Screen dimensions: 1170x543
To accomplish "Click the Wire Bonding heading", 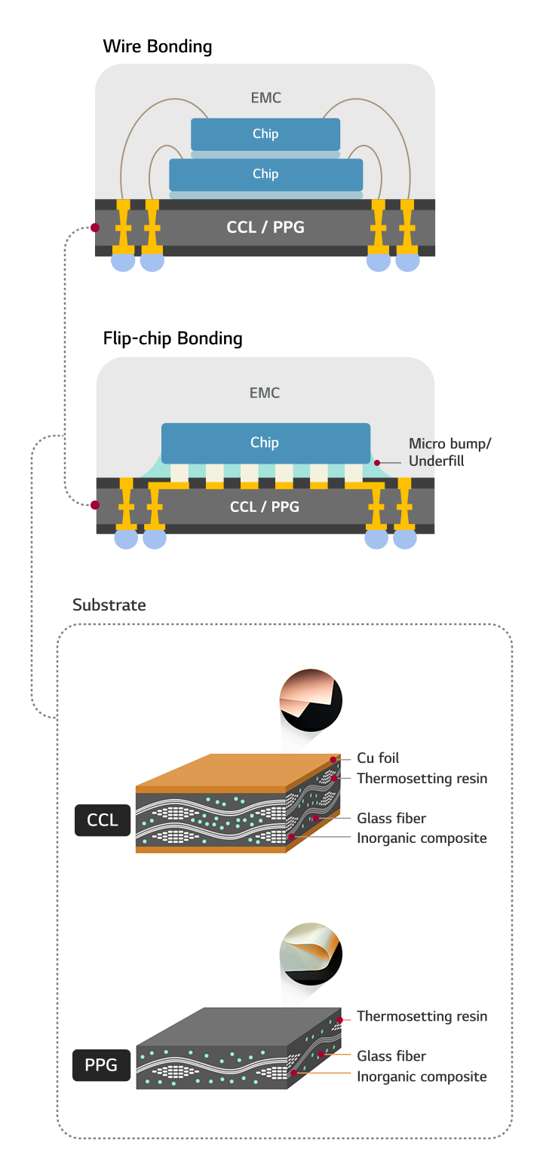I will pyautogui.click(x=157, y=47).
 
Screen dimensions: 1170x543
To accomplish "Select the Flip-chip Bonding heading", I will pyautogui.click(x=172, y=338).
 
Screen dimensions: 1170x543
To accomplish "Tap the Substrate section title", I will pyautogui.click(x=109, y=605).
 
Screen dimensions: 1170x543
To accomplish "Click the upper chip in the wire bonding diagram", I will pyautogui.click(x=265, y=134).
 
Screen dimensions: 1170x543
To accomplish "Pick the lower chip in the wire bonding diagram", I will pyautogui.click(x=265, y=174).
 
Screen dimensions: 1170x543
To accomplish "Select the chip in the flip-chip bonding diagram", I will pyautogui.click(x=265, y=443).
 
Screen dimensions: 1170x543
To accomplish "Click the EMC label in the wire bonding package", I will pyautogui.click(x=265, y=98).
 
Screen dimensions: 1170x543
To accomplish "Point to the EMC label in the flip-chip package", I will pyautogui.click(x=265, y=393).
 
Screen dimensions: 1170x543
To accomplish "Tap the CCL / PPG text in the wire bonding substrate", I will pyautogui.click(x=265, y=227).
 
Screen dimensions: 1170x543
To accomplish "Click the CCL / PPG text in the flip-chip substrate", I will pyautogui.click(x=265, y=507).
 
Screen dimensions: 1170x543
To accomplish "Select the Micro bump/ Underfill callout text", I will pyautogui.click(x=449, y=452).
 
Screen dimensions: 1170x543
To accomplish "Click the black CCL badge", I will pyautogui.click(x=103, y=820).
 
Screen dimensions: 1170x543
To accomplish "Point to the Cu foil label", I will pyautogui.click(x=378, y=758).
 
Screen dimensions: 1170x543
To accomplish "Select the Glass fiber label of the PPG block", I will pyautogui.click(x=391, y=1056).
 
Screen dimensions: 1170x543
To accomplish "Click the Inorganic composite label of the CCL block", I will pyautogui.click(x=422, y=838).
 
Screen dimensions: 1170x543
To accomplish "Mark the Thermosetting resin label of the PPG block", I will pyautogui.click(x=422, y=1016).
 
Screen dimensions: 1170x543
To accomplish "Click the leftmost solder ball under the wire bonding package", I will pyautogui.click(x=123, y=262).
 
